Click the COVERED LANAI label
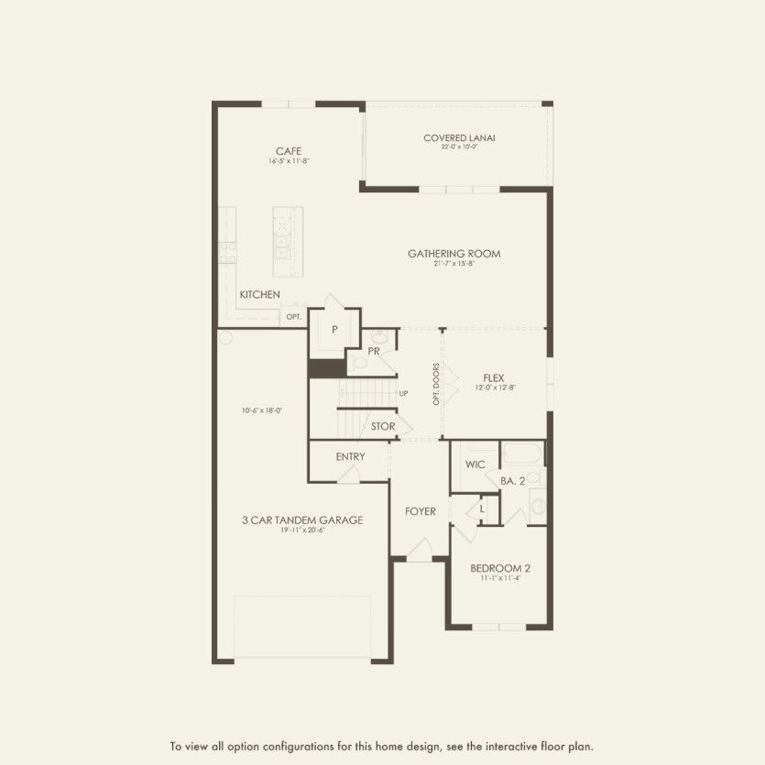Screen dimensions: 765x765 click(x=459, y=138)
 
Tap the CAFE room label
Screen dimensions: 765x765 click(x=289, y=151)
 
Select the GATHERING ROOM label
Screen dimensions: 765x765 click(x=454, y=254)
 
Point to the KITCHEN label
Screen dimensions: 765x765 click(x=259, y=295)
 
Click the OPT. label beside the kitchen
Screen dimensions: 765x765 click(x=293, y=317)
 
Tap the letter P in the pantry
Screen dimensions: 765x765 click(x=335, y=330)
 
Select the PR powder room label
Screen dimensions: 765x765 click(x=374, y=351)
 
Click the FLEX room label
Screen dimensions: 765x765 click(x=494, y=377)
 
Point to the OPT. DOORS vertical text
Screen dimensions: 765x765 click(x=437, y=386)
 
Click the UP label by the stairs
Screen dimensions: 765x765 click(x=402, y=393)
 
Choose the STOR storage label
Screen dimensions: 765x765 click(x=383, y=426)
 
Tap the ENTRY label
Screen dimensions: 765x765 click(x=350, y=456)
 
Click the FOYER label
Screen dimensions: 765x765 click(x=421, y=511)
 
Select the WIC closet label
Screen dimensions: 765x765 click(x=475, y=464)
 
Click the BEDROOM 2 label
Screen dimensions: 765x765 click(x=500, y=568)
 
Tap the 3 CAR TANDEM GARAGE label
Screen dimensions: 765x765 click(x=302, y=519)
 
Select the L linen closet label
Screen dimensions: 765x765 click(x=482, y=507)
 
